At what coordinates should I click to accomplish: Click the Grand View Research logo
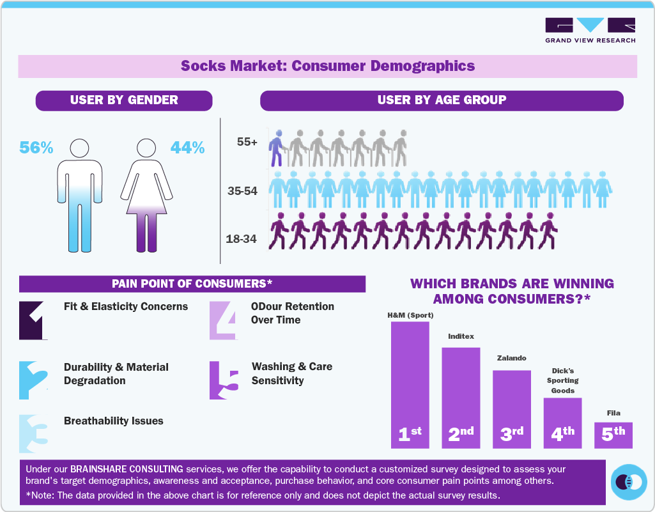590,30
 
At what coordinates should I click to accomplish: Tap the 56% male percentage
36,148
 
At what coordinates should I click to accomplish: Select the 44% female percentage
187,148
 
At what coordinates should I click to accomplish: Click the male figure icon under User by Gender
79,195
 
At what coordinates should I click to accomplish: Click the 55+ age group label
247,143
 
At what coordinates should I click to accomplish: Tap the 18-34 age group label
241,239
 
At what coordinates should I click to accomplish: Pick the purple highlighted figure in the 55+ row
276,148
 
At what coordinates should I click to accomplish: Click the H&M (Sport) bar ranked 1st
410,384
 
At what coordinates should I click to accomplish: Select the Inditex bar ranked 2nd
461,396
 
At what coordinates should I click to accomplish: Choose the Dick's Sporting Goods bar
562,422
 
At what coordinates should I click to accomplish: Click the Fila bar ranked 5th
613,434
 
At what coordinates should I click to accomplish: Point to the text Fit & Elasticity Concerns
126,306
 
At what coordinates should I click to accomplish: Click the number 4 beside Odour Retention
224,320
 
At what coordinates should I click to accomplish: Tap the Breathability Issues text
113,421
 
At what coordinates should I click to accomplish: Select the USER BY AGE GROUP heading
442,100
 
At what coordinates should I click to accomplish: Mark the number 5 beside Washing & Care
224,380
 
